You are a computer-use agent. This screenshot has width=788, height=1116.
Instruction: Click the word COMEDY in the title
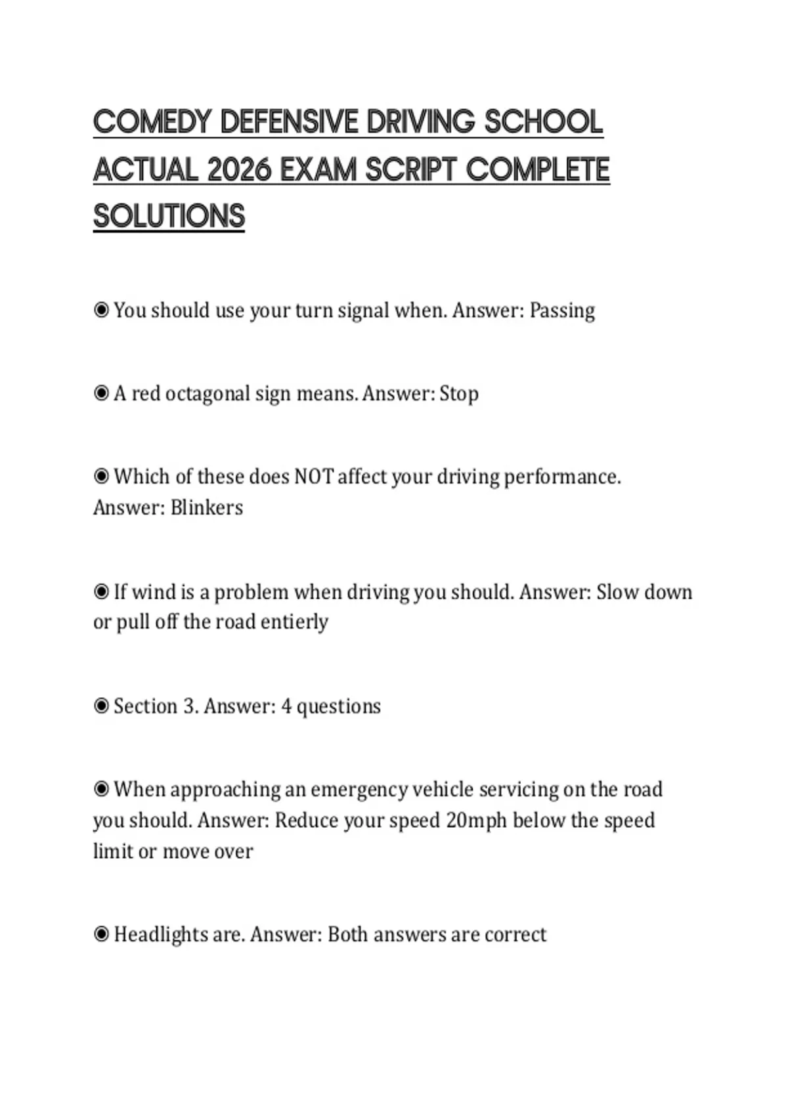[x=152, y=122]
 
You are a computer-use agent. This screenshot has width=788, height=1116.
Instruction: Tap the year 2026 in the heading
[x=238, y=170]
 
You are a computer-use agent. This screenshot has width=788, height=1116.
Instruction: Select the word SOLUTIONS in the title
[x=169, y=217]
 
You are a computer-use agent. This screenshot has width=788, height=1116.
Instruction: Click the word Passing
[x=562, y=311]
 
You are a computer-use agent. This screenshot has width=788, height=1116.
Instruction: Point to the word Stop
[x=459, y=394]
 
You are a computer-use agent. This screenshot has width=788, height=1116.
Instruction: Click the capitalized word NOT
[x=313, y=477]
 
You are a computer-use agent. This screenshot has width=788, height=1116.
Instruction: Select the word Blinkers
[x=206, y=507]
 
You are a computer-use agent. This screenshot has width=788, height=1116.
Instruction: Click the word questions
[x=339, y=707]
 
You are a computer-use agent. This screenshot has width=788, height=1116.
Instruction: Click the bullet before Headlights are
[x=101, y=934]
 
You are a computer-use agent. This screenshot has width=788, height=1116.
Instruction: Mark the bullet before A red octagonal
[x=101, y=393]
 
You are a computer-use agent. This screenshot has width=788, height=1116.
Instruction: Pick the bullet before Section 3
[x=101, y=706]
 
